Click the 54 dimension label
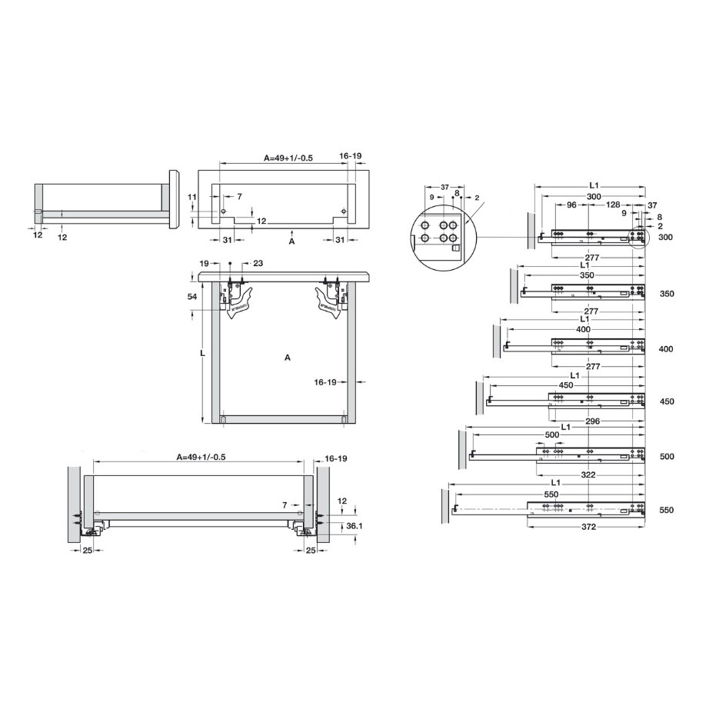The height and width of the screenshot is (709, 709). click(192, 296)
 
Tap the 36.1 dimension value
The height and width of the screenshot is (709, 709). click(354, 526)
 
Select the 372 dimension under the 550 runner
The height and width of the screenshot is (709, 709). click(589, 526)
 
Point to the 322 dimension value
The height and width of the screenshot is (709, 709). click(588, 474)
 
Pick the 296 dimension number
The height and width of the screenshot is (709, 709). click(592, 421)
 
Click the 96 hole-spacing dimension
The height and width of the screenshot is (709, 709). click(571, 205)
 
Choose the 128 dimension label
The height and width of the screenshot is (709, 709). click(613, 205)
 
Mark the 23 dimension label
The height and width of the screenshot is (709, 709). click(258, 263)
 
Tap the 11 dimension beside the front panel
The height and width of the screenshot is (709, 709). click(192, 197)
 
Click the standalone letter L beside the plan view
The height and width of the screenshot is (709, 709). click(203, 353)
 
